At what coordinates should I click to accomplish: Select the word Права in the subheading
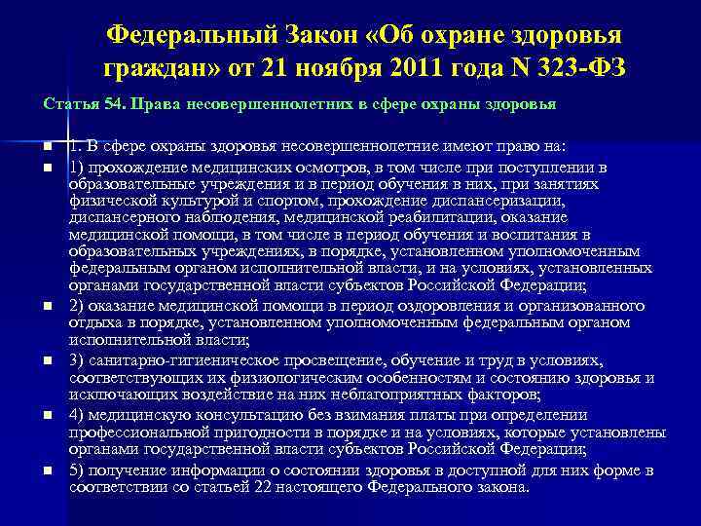[146, 103]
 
